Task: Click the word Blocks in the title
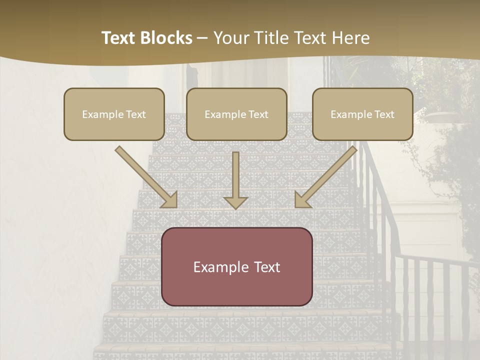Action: [167, 38]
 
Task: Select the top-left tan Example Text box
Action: [114, 114]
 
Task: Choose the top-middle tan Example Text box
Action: [236, 114]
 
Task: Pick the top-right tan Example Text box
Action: [362, 114]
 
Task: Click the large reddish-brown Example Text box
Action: [237, 266]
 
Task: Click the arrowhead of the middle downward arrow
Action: [236, 202]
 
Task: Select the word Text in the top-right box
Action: [384, 114]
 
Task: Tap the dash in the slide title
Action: [202, 38]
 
